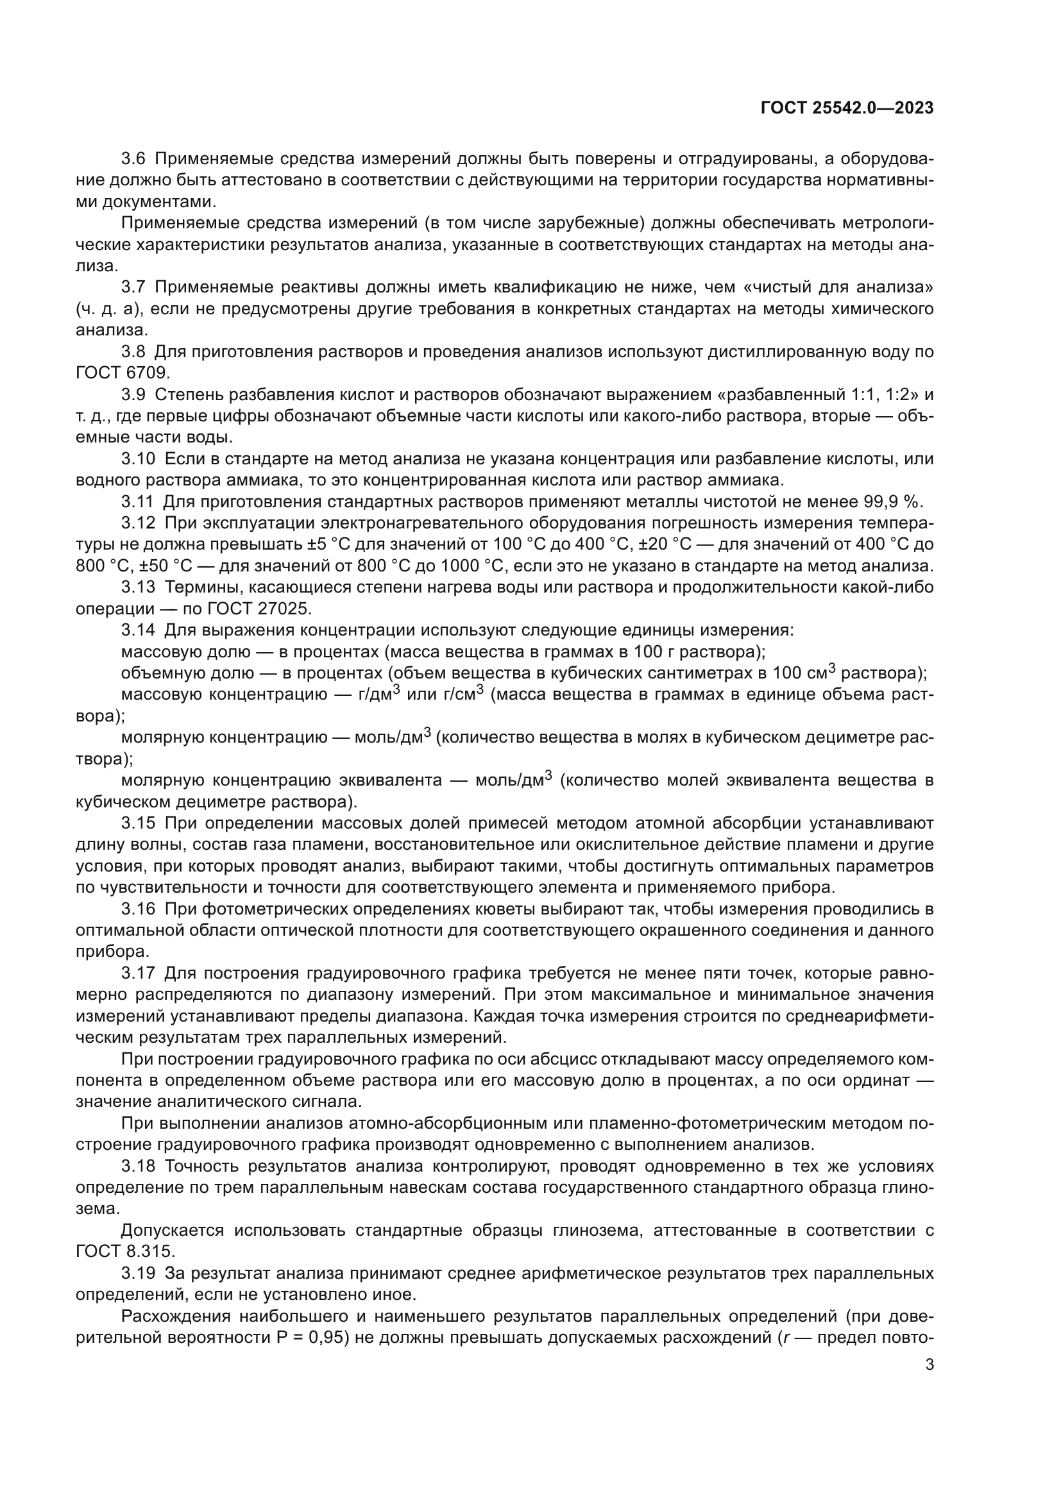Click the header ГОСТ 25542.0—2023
coord(847,108)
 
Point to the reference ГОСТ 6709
coord(122,373)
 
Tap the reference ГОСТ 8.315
coord(125,1252)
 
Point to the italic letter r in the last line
coord(785,1338)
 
